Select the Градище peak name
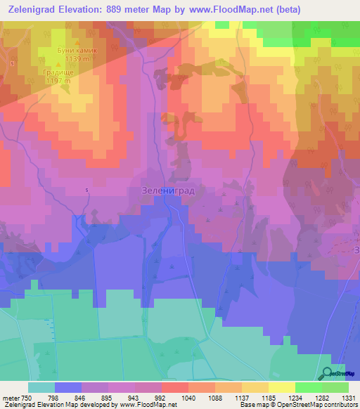[x=59, y=72]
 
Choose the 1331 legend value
[x=348, y=398]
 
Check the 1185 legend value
[x=267, y=398]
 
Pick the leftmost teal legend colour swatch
[x=41, y=387]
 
